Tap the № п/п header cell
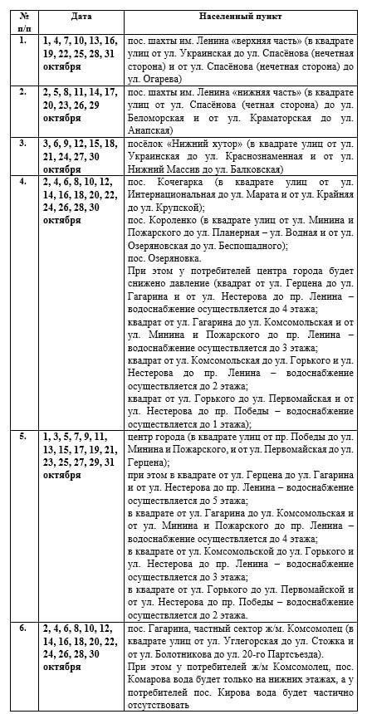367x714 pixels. point(22,20)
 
